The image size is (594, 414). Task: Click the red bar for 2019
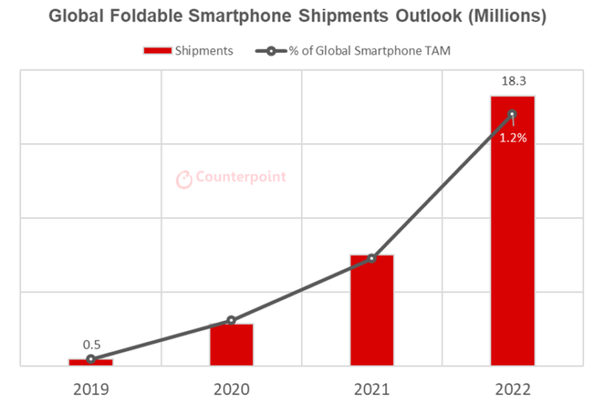[x=90, y=361]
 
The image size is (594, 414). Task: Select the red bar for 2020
[x=231, y=344]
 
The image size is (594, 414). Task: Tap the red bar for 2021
[x=372, y=310]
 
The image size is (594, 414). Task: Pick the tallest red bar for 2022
[x=512, y=232]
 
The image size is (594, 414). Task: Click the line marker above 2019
[x=90, y=359]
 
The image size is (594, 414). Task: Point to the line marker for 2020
[x=231, y=320]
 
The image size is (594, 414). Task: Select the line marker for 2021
[x=372, y=258]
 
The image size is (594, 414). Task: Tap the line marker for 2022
[x=512, y=114]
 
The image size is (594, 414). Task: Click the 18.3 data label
[x=512, y=80]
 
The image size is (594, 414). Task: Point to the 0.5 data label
[x=92, y=344]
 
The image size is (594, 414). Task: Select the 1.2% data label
[x=512, y=139]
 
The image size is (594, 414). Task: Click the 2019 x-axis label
[x=90, y=390]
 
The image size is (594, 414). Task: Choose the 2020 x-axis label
[x=231, y=390]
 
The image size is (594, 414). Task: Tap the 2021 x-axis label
[x=372, y=390]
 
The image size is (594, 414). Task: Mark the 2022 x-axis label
[x=512, y=390]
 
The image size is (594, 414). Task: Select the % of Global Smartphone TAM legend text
[x=369, y=51]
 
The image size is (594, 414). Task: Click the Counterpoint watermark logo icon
[x=184, y=179]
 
